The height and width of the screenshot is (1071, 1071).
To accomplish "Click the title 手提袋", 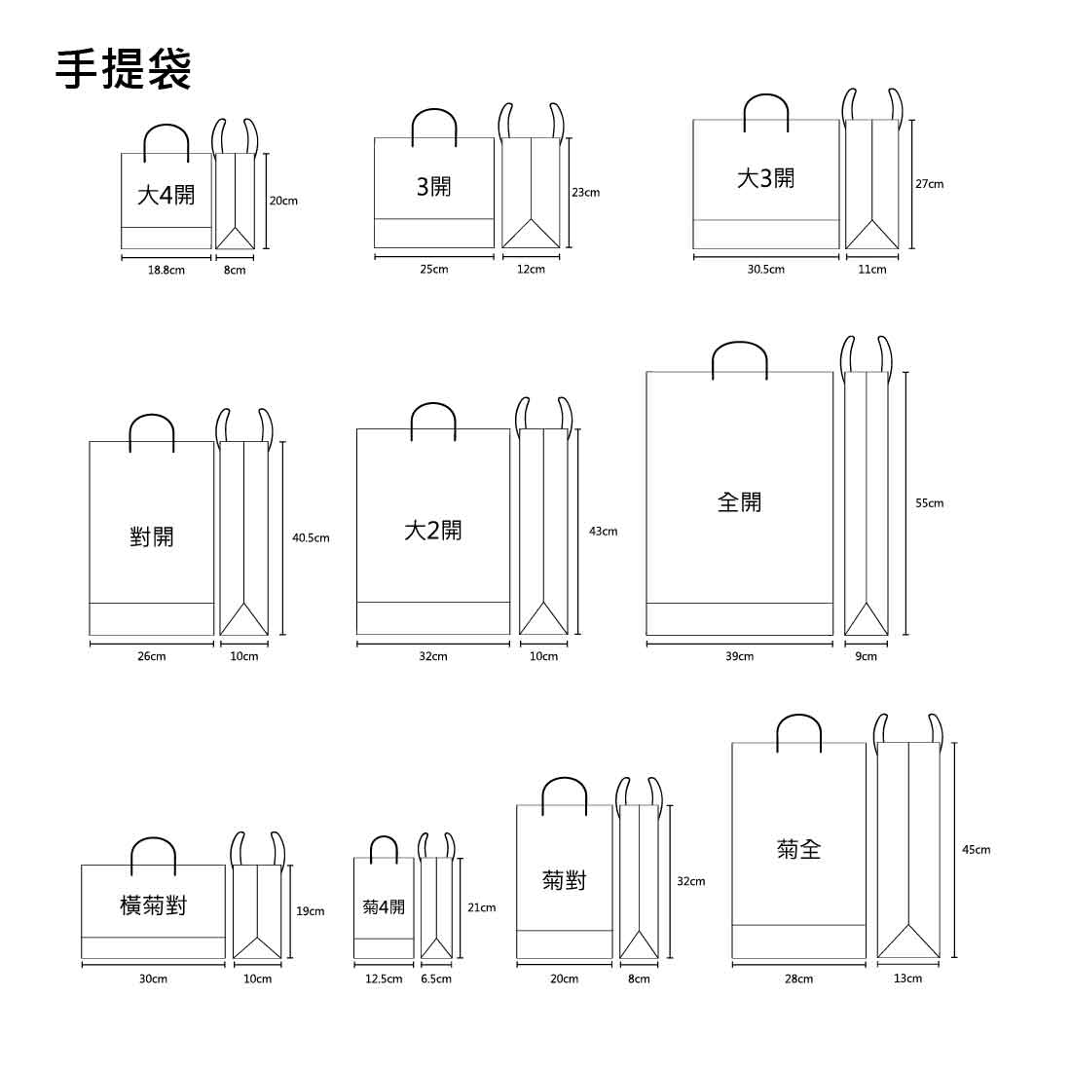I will (x=123, y=68).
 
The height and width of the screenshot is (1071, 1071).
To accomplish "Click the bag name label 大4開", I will (x=166, y=195).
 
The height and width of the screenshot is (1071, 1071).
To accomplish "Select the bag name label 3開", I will (x=433, y=186).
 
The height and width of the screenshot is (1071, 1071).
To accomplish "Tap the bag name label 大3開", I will (x=765, y=178).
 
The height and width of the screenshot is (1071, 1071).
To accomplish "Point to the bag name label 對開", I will (x=152, y=535).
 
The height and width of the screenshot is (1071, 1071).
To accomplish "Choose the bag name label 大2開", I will (x=433, y=531).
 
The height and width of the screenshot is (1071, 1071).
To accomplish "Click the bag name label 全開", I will (x=740, y=502).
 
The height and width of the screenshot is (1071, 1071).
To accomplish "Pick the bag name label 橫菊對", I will (x=153, y=906).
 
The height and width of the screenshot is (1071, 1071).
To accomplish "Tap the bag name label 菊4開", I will (x=384, y=907).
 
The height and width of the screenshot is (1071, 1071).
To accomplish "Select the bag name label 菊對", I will (x=565, y=881).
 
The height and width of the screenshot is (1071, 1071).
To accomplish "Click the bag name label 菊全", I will (x=799, y=850).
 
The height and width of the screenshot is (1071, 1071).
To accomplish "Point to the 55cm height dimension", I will (x=929, y=503).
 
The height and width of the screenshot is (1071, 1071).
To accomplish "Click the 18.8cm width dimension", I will (x=166, y=270).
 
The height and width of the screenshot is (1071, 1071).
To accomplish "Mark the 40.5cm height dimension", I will (x=311, y=537).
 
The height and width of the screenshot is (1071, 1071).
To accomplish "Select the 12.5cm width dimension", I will (x=384, y=979).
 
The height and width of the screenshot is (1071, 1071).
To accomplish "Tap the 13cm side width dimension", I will (x=907, y=978).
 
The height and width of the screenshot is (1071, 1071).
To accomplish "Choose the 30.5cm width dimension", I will (x=765, y=269).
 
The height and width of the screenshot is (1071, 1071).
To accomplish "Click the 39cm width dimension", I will (x=739, y=656).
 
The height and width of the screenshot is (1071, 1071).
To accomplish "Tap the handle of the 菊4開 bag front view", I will (x=384, y=838).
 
